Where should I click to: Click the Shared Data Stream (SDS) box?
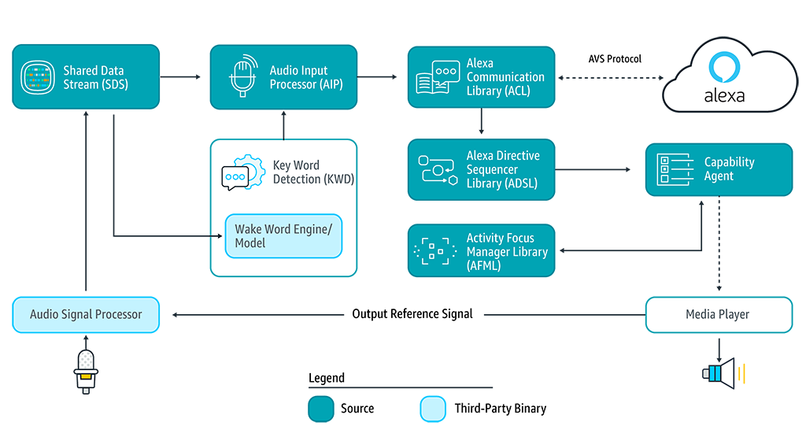[86, 77]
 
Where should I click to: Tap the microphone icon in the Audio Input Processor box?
[243, 76]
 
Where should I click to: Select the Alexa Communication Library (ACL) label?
[505, 77]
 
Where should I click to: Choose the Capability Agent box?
[719, 169]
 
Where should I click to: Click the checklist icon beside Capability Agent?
[674, 169]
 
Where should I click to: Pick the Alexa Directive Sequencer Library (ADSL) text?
[503, 169]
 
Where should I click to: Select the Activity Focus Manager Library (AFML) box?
[482, 251]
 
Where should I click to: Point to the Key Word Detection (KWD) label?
[313, 172]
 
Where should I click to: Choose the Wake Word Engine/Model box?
[283, 236]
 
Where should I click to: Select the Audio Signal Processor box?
[86, 315]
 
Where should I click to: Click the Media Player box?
[719, 315]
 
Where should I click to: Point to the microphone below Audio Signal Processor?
[84, 371]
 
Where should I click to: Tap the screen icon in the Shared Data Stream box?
[39, 77]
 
